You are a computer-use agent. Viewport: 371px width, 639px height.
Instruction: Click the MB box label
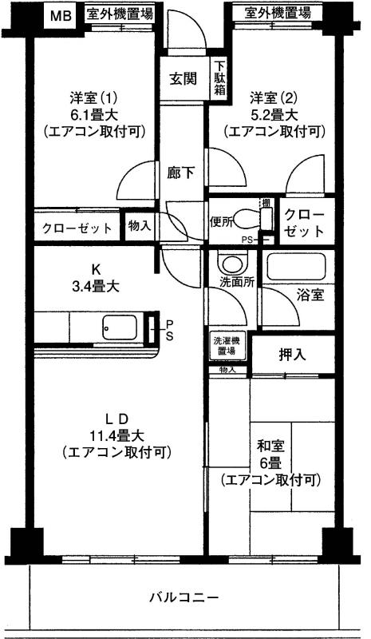click(61, 16)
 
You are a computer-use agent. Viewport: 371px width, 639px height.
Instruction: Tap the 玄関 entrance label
click(184, 78)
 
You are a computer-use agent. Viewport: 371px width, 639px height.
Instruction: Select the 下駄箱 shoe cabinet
click(220, 77)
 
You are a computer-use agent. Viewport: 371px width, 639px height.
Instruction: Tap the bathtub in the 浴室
click(296, 267)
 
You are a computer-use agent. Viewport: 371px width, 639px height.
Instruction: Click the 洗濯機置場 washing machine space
click(228, 346)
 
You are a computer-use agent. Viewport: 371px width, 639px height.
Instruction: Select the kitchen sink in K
click(119, 327)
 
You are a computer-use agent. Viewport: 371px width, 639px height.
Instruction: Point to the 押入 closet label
click(292, 355)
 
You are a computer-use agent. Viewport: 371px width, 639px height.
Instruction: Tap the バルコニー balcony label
click(184, 598)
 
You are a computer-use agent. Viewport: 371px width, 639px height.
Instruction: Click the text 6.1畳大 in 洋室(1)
click(94, 115)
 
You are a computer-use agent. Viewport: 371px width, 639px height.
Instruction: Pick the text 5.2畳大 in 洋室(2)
click(274, 115)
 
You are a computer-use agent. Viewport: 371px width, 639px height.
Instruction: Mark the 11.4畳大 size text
click(117, 436)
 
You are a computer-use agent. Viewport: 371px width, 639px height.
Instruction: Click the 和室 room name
click(269, 447)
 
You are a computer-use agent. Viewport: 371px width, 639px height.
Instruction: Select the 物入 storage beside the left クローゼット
click(140, 226)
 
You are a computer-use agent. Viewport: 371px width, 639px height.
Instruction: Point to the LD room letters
click(117, 419)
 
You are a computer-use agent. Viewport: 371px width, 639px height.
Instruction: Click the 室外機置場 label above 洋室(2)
click(278, 13)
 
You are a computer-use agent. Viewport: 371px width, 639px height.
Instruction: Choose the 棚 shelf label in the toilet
click(266, 203)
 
